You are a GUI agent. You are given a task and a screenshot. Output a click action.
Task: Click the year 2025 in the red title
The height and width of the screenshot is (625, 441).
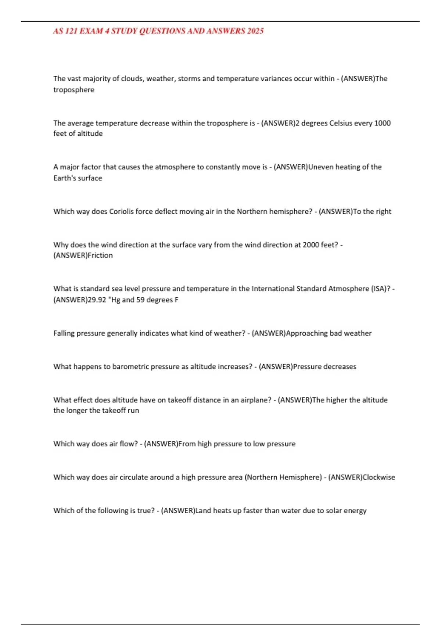[255, 31]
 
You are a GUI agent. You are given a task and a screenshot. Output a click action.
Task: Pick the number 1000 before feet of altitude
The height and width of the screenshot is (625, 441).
[382, 123]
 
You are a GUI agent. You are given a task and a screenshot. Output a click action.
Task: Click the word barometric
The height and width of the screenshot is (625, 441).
[130, 367]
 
